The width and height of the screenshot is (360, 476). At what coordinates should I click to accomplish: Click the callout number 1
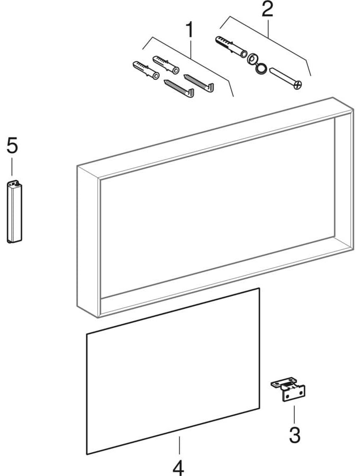[x=190, y=30]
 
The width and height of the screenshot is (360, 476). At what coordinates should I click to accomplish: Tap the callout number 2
[x=267, y=9]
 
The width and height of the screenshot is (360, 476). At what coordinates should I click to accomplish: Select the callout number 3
[x=294, y=435]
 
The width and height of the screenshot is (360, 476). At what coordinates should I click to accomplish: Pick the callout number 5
[x=12, y=145]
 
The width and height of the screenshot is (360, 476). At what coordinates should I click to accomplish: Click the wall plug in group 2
[x=231, y=47]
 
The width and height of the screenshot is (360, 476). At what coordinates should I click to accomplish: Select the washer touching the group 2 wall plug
[x=252, y=59]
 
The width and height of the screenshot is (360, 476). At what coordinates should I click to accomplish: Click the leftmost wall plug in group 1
[x=146, y=70]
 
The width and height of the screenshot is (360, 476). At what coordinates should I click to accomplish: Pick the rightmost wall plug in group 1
[x=166, y=65]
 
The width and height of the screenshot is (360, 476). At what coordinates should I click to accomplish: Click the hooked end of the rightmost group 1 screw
[x=210, y=87]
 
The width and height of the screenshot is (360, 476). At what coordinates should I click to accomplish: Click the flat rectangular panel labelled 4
[x=173, y=371]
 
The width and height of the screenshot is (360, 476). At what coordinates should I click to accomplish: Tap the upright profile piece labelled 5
[x=14, y=212]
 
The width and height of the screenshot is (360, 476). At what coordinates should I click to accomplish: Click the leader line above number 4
[x=179, y=445]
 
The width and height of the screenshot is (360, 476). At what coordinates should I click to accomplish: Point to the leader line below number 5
[x=12, y=167]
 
